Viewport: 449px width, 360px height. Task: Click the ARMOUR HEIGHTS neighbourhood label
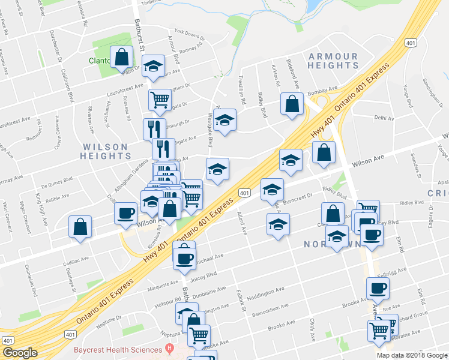click(x=333, y=61)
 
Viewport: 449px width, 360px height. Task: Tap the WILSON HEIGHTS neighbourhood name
click(x=104, y=151)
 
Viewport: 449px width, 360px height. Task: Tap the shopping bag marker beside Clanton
click(x=122, y=58)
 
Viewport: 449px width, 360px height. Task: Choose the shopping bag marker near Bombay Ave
click(x=292, y=103)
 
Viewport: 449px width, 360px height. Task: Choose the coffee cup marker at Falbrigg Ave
click(x=378, y=289)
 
